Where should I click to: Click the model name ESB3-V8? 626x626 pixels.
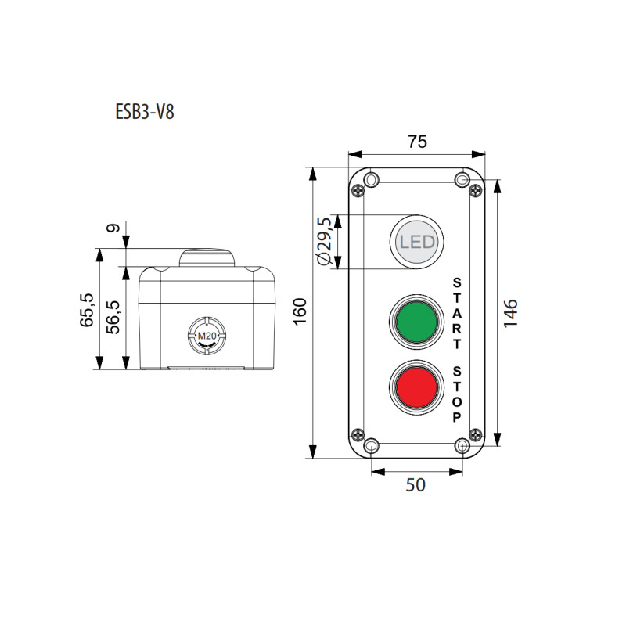[145, 112]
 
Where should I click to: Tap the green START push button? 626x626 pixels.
[416, 322]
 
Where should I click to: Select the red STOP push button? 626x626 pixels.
[416, 387]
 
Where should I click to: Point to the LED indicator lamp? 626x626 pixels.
[417, 242]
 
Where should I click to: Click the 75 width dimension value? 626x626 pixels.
[417, 142]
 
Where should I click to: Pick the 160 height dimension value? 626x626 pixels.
[300, 311]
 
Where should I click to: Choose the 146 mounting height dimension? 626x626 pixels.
[511, 314]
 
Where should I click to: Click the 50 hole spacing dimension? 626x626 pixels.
[416, 484]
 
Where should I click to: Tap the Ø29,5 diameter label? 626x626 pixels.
[324, 241]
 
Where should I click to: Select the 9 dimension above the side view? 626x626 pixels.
[113, 228]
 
